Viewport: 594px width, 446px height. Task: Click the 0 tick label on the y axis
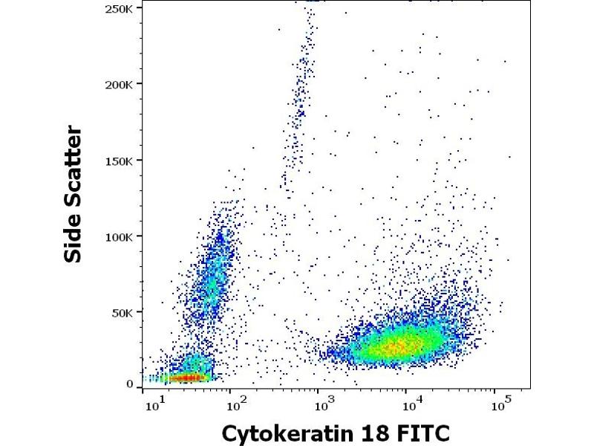pos(130,384)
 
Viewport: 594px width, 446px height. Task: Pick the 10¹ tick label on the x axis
pos(154,406)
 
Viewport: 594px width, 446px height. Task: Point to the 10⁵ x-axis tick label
pos(500,406)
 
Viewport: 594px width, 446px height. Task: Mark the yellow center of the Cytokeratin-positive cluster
pos(397,344)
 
